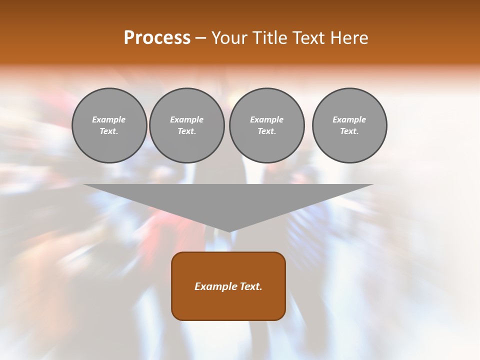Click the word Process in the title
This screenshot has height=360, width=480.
point(157,38)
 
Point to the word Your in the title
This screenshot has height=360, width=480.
point(230,38)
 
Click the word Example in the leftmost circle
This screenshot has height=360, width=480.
point(109,119)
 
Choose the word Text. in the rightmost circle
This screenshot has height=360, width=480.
point(349,131)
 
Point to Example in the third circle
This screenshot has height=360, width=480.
point(267,119)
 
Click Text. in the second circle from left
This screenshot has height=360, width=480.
point(187,131)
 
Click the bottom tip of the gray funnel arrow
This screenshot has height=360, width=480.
point(229,230)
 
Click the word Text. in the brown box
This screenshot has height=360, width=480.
point(250,286)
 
